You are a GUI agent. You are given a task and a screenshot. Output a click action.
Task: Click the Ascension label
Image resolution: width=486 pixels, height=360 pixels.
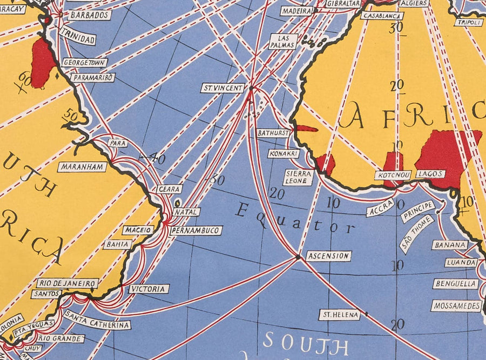tap(328, 256)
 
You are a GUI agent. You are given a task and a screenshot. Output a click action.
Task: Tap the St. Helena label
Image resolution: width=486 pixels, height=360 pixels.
tap(339, 315)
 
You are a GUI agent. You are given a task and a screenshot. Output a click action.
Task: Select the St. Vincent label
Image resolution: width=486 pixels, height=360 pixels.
tap(222, 87)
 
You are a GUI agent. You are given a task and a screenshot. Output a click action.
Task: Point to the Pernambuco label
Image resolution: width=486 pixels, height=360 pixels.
tap(195, 230)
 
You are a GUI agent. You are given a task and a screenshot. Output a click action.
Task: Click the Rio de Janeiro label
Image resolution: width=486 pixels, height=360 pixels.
tap(68, 283)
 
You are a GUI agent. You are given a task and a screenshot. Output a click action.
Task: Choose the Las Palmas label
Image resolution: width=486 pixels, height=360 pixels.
tap(283, 42)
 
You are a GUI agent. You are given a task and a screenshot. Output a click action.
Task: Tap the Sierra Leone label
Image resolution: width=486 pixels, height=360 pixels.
tap(298, 178)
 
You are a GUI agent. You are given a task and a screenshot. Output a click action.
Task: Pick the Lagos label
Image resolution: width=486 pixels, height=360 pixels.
tap(431, 174)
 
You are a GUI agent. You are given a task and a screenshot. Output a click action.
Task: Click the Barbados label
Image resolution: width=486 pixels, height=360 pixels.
tap(90, 15)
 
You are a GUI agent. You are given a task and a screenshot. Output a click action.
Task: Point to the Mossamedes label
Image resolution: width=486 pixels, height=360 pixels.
tap(456, 306)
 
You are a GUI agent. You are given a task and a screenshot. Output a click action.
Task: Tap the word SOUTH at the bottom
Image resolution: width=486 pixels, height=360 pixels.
tap(305, 343)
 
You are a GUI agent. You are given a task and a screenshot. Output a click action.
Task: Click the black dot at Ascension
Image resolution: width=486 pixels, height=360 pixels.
tap(298, 257)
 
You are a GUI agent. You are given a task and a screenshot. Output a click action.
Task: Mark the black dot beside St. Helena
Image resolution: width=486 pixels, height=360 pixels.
tap(366, 313)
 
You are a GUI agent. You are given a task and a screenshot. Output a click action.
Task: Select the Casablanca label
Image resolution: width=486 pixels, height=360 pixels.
tap(382, 16)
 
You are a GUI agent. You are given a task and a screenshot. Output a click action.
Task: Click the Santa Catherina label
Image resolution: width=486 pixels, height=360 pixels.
tap(97, 320)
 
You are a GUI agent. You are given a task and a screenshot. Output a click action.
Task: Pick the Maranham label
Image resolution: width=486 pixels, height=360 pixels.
tap(83, 167)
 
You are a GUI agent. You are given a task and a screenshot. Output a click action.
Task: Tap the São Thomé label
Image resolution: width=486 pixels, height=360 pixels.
tap(416, 234)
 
